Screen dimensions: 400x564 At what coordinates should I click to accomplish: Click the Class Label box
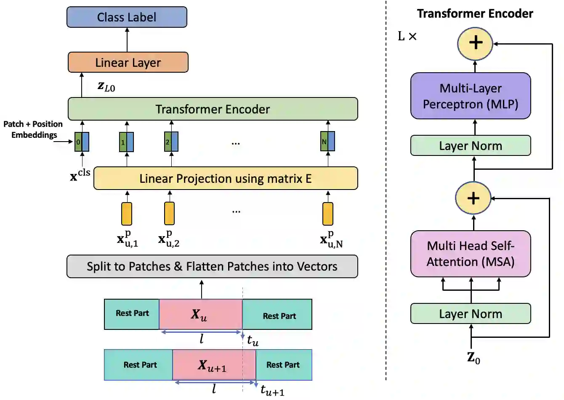click(x=127, y=17)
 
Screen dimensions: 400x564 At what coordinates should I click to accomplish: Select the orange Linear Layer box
click(x=128, y=63)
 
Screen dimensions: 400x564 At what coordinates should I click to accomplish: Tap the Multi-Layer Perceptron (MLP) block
click(x=471, y=96)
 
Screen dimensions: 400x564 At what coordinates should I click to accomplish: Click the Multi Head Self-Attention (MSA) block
click(x=471, y=254)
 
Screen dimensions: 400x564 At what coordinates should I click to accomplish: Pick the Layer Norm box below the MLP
click(x=471, y=146)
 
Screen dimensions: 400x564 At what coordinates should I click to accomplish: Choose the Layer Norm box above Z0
click(x=471, y=314)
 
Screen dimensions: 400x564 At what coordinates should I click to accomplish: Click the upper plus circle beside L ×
click(x=476, y=43)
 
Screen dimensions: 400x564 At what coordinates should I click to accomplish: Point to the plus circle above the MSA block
click(x=474, y=198)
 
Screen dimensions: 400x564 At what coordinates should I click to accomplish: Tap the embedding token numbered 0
click(x=82, y=142)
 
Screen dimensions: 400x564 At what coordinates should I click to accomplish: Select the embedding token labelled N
click(x=327, y=142)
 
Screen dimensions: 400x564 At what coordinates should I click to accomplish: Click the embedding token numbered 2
click(x=171, y=142)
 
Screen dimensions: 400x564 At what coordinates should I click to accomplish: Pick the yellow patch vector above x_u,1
click(x=127, y=214)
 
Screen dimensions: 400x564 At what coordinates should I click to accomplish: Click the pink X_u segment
click(x=200, y=314)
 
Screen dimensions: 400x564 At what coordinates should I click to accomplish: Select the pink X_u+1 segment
click(x=214, y=365)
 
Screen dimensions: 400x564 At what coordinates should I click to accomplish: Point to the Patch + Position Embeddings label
click(x=33, y=129)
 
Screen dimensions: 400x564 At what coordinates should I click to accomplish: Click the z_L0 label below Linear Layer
click(x=106, y=87)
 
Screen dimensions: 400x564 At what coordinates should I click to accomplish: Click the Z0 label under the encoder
click(x=474, y=358)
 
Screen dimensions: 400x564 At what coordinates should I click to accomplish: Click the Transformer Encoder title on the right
click(x=475, y=14)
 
